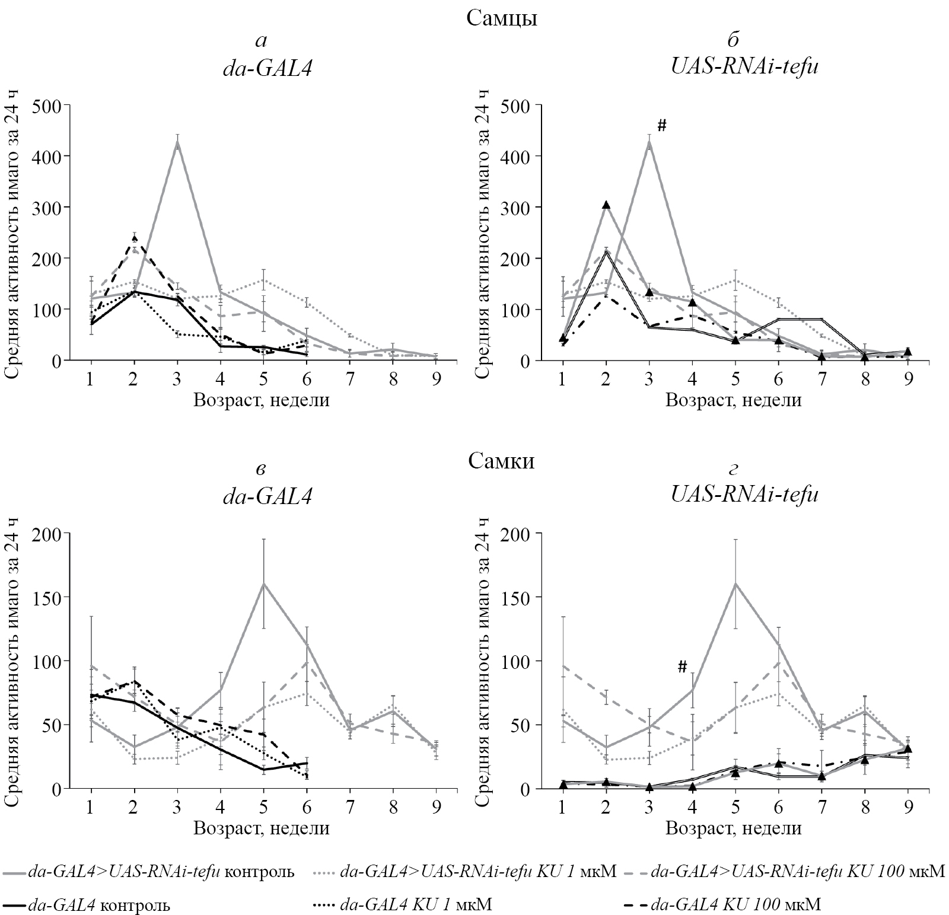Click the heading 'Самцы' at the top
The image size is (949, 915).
point(502,18)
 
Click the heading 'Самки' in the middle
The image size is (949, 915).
point(501,460)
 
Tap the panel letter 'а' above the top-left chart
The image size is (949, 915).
point(261,40)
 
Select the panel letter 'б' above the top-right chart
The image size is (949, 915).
point(733,40)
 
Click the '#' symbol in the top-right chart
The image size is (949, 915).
point(663,125)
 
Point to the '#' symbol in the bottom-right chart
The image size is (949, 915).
point(682,667)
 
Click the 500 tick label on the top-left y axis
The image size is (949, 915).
point(50,105)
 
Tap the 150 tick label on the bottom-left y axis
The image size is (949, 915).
point(50,597)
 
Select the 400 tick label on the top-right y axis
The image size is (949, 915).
point(522,156)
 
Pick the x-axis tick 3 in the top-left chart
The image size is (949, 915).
point(177,379)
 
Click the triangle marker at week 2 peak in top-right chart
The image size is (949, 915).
point(606,205)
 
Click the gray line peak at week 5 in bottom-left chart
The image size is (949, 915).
point(263,584)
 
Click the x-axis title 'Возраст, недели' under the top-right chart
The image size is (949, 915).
point(733,400)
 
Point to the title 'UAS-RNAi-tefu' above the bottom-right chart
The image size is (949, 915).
point(745,495)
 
